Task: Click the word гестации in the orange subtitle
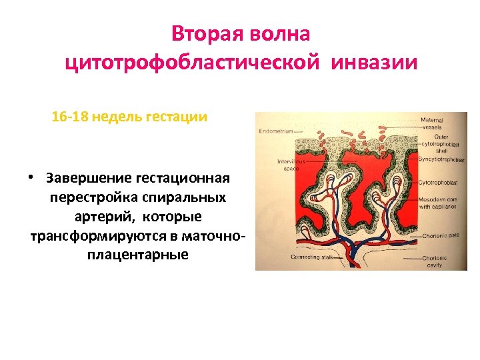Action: [x=179, y=117]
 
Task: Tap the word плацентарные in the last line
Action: [x=137, y=255]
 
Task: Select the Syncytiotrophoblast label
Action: [x=441, y=159]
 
